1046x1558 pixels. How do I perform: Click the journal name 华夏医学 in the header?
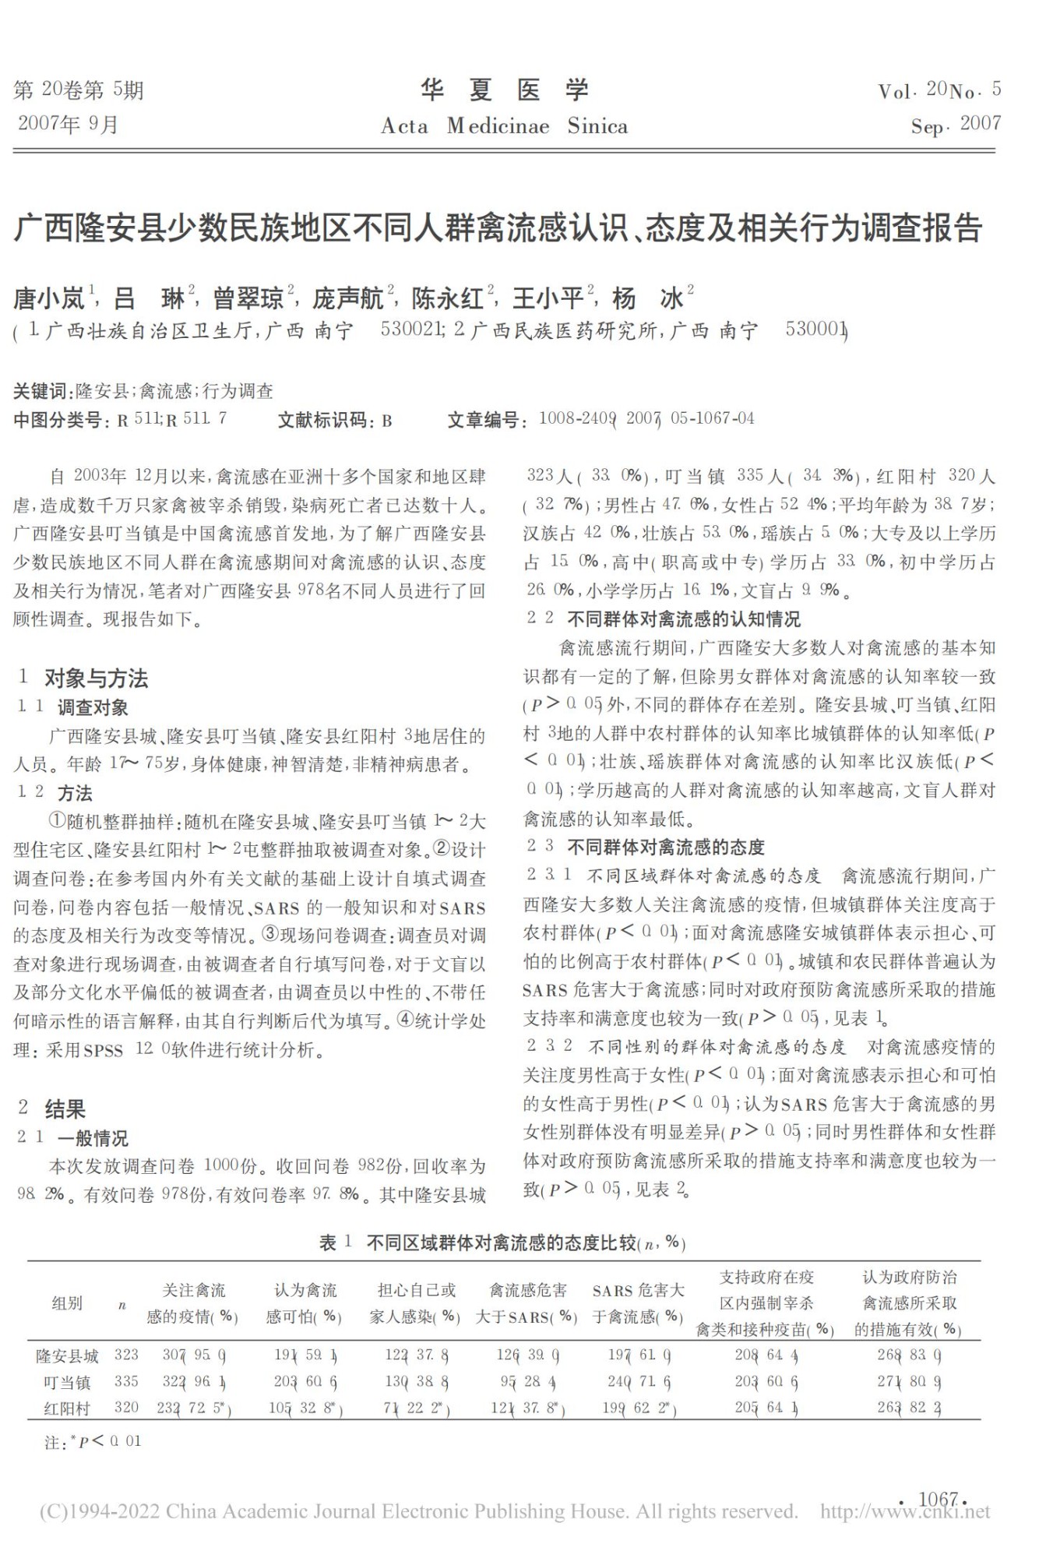(505, 91)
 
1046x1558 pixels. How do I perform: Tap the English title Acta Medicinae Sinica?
(504, 126)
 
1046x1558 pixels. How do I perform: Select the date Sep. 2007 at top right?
(956, 125)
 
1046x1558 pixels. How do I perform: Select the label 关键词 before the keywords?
(41, 391)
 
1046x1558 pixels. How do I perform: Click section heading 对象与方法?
(96, 679)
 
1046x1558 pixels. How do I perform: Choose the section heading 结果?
(65, 1109)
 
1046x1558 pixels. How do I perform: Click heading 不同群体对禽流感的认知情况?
(683, 619)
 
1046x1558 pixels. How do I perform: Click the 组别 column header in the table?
(67, 1303)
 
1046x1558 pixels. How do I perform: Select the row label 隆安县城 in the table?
(68, 1356)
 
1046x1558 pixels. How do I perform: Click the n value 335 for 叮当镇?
(126, 1382)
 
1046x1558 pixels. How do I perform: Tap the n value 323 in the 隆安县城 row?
(126, 1355)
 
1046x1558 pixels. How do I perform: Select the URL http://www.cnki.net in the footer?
(904, 1512)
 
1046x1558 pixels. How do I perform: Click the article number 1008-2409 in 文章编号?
(576, 419)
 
